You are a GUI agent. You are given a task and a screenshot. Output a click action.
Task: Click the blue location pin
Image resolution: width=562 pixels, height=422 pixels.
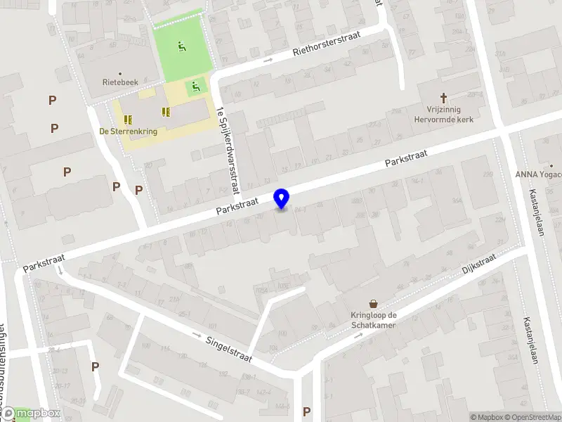pyautogui.click(x=282, y=198)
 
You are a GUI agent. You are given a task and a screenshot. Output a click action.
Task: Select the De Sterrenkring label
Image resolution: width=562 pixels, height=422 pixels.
pyautogui.click(x=128, y=131)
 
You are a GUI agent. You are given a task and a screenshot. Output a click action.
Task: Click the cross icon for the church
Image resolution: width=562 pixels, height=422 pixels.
pyautogui.click(x=443, y=98)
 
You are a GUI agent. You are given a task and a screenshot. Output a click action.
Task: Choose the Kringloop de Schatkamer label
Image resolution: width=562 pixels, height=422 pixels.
pyautogui.click(x=373, y=320)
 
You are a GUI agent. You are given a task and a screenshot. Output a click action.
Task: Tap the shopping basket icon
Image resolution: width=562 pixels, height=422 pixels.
pyautogui.click(x=373, y=303)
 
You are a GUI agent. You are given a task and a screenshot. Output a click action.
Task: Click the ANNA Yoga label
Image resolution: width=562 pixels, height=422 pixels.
pyautogui.click(x=538, y=175)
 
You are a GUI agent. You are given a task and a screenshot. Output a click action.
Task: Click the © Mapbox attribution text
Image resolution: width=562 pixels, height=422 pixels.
pyautogui.click(x=486, y=417)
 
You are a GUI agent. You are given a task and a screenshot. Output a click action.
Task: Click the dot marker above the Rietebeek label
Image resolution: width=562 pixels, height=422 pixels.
pyautogui.click(x=120, y=73)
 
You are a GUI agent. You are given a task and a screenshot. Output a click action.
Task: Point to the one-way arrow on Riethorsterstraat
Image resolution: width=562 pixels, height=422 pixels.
pyautogui.click(x=268, y=60)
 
